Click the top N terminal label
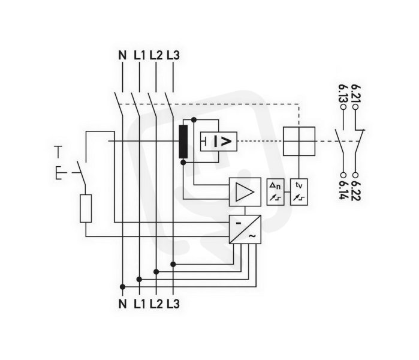(122, 55)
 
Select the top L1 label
(139, 55)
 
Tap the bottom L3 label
(173, 304)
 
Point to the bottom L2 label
(156, 304)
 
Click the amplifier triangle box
(245, 192)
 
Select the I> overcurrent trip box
(219, 142)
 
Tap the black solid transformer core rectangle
(183, 142)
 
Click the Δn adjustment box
(275, 192)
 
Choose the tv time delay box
(299, 192)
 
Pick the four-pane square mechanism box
(299, 141)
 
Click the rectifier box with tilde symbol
(245, 229)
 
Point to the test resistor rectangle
(86, 209)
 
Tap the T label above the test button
(58, 152)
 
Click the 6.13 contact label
(343, 94)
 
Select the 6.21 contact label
(355, 94)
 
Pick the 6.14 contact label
(343, 190)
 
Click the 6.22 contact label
(355, 190)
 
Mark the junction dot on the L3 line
(173, 264)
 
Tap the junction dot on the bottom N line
(122, 287)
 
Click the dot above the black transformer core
(194, 120)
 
